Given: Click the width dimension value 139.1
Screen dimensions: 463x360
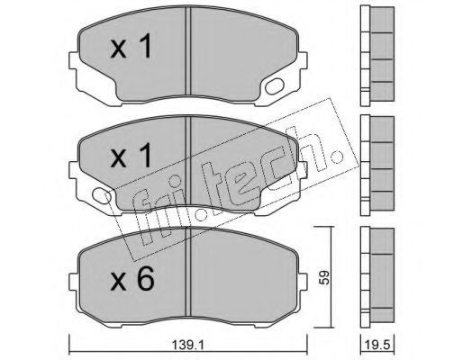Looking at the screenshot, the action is [188, 346].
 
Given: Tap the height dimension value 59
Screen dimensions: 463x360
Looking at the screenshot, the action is [324, 278].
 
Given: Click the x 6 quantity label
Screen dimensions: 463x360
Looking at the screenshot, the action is [132, 279].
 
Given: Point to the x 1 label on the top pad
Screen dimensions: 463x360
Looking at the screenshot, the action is [131, 46].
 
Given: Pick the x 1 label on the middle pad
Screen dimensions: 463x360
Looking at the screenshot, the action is [131, 156].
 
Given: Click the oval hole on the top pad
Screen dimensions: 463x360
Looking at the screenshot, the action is [275, 86].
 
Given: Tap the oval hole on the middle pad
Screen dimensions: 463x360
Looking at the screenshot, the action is [102, 195].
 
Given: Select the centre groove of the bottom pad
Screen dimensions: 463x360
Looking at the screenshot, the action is [188, 272].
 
